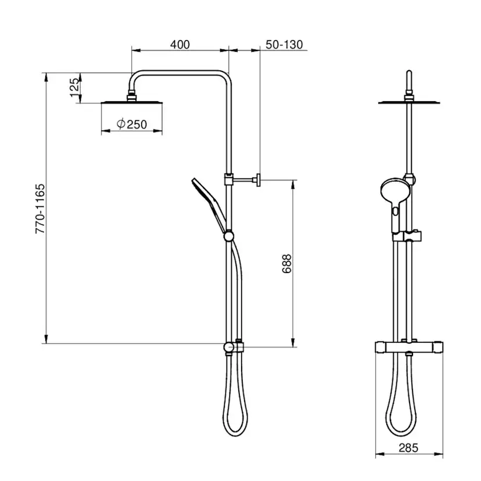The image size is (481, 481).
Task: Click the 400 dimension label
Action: pos(180,45)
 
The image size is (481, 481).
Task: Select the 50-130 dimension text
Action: pos(284,45)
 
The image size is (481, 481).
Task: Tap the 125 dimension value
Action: pos(74,87)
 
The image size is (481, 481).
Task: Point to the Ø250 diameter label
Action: pos(132,124)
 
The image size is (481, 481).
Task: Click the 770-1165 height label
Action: pos(40,209)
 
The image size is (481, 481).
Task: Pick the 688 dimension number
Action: pos(286,264)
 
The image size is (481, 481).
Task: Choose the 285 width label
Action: pos(408,448)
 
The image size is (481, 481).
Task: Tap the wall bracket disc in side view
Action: pos(259,180)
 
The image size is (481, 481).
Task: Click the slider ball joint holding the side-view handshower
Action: pos(228,236)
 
